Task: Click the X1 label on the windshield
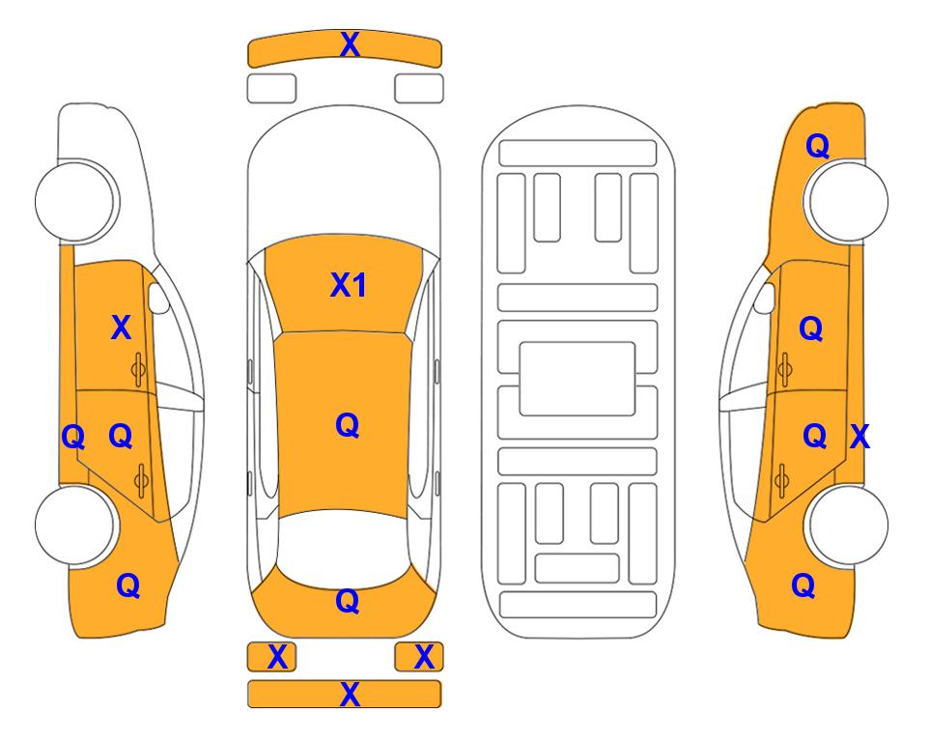(349, 285)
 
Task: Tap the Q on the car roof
(348, 426)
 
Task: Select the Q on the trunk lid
(348, 601)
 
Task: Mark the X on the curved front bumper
(350, 44)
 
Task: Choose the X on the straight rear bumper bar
(350, 695)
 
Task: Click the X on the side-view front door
(121, 328)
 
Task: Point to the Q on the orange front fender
(817, 146)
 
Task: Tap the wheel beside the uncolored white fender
(75, 200)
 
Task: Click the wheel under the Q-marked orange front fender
(846, 200)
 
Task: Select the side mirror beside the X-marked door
(157, 299)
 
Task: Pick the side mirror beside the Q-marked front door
(765, 299)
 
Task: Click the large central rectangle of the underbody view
(578, 379)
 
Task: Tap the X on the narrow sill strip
(860, 437)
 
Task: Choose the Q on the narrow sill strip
(73, 438)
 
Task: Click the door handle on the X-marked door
(138, 370)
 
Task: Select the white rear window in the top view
(344, 549)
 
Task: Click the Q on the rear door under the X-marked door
(121, 437)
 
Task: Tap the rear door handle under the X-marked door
(141, 480)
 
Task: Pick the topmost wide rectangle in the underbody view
(578, 154)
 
